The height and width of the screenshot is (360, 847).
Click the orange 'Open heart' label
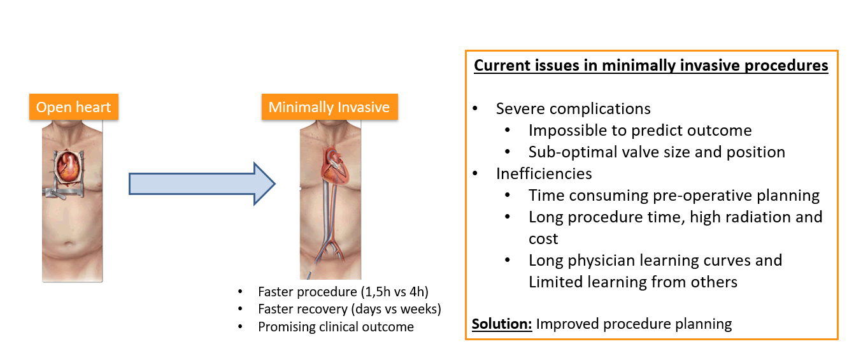pyautogui.click(x=74, y=107)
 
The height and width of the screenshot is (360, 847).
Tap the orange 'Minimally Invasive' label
pyautogui.click(x=329, y=107)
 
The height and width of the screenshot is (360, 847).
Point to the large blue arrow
pyautogui.click(x=202, y=184)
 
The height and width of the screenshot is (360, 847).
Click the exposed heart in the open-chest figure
pyautogui.click(x=68, y=167)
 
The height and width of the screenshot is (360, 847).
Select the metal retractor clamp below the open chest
pyautogui.click(x=64, y=192)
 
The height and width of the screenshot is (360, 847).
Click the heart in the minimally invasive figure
pyautogui.click(x=334, y=166)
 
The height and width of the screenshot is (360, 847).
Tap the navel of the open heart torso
pyautogui.click(x=68, y=243)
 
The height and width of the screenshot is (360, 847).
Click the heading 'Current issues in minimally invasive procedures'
pyautogui.click(x=651, y=66)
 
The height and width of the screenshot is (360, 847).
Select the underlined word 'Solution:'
pyautogui.click(x=502, y=324)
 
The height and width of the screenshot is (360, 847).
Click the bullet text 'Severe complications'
pyautogui.click(x=573, y=109)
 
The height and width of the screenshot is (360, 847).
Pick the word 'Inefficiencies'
pyautogui.click(x=544, y=174)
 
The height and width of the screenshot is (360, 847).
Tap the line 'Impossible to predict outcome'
pyautogui.click(x=640, y=131)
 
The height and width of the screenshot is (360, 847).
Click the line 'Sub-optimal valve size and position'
pyautogui.click(x=657, y=152)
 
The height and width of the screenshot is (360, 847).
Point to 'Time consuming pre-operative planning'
pyautogui.click(x=674, y=196)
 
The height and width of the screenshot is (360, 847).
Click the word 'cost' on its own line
pyautogui.click(x=543, y=239)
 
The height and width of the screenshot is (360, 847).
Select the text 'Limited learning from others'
pyautogui.click(x=632, y=282)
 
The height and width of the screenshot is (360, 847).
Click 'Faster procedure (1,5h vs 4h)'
pyautogui.click(x=343, y=292)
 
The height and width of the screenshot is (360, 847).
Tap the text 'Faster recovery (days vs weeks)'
pyautogui.click(x=350, y=309)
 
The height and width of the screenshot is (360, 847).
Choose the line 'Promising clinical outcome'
pyautogui.click(x=336, y=327)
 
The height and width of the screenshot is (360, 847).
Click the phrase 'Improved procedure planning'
pyautogui.click(x=634, y=324)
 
